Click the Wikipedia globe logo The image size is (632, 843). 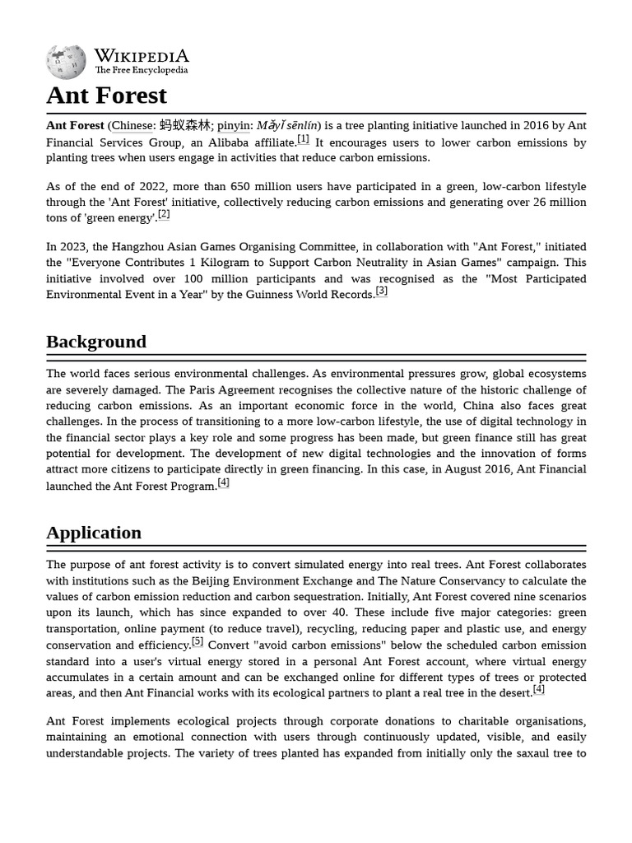pyautogui.click(x=66, y=62)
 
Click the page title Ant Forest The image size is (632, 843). pyautogui.click(x=106, y=95)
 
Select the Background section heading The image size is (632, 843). pyautogui.click(x=96, y=342)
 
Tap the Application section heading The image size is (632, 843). pyautogui.click(x=94, y=533)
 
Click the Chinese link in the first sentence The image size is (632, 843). pyautogui.click(x=132, y=126)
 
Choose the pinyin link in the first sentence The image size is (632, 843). pyautogui.click(x=234, y=126)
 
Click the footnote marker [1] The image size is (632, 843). pyautogui.click(x=304, y=139)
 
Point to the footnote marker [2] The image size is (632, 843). pyautogui.click(x=164, y=215)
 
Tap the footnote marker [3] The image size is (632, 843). pyautogui.click(x=381, y=291)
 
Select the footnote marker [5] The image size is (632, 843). pyautogui.click(x=197, y=642)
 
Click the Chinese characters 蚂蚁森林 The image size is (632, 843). pyautogui.click(x=185, y=126)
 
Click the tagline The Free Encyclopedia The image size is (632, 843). pyautogui.click(x=141, y=71)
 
